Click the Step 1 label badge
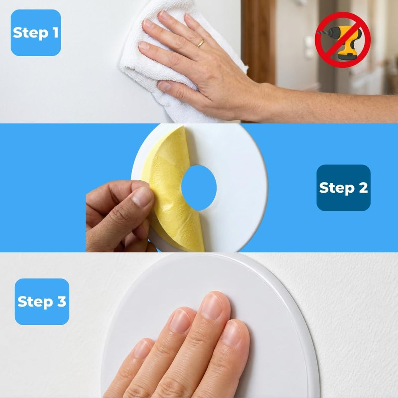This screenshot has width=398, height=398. [36, 33]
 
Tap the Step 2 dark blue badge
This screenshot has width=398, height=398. [343, 188]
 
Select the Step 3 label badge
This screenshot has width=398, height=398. [42, 302]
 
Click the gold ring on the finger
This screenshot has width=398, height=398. [201, 43]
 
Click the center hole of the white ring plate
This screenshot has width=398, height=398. [199, 188]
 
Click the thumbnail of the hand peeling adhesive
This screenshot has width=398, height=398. [142, 197]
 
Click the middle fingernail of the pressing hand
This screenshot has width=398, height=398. [211, 306]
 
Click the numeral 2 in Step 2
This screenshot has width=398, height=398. [363, 187]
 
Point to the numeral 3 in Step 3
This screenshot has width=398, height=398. [61, 301]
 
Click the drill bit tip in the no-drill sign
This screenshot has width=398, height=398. [319, 32]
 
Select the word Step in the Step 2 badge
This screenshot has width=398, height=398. [337, 188]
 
